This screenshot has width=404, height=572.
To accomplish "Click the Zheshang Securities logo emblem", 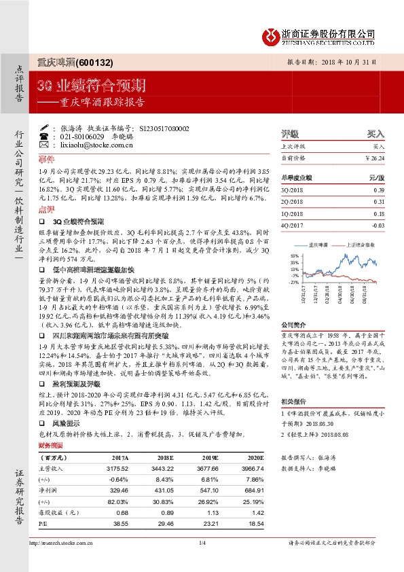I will pos(272,35).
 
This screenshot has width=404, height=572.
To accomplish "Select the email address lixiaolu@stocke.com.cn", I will pos(94,145).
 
